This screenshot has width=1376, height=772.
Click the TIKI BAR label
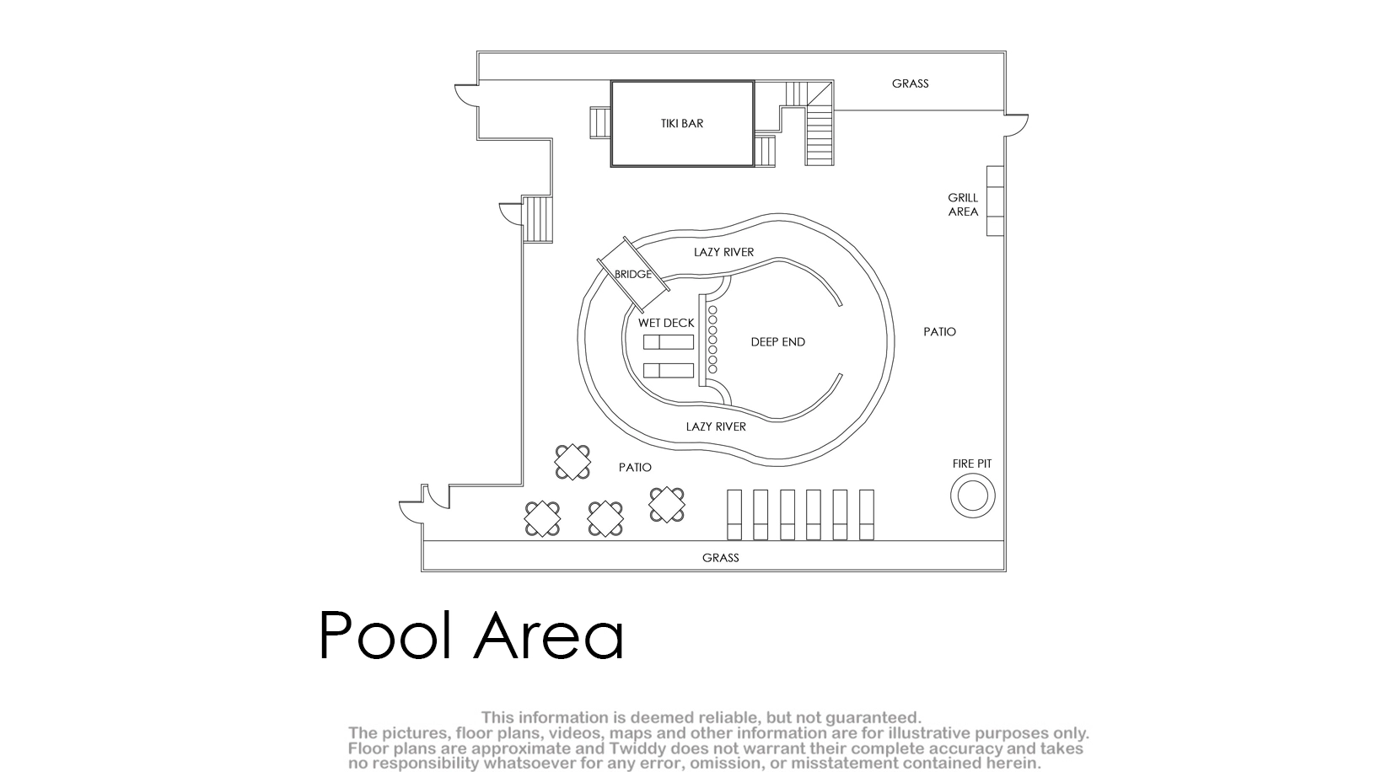coord(682,123)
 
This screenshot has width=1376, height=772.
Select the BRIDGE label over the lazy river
coord(632,275)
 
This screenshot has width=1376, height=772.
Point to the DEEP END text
coord(777,342)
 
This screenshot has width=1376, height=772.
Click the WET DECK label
coord(666,323)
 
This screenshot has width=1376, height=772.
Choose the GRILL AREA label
coord(963,205)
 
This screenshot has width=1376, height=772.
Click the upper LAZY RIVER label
coord(723,252)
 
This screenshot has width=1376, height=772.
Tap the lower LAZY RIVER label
coord(716,426)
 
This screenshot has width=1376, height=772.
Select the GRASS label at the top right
coord(910,83)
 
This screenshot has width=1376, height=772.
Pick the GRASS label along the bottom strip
coord(720,558)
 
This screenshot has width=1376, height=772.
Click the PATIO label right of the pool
coord(939,332)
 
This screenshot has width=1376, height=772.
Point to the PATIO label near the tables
coord(635,468)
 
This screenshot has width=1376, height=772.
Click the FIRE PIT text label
coord(972,464)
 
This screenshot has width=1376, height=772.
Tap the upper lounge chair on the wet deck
coord(669,342)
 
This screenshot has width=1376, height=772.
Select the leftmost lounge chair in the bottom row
coord(734,515)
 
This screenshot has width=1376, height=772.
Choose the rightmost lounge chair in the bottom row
coord(866,515)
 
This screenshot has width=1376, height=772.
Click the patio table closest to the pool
coord(572,462)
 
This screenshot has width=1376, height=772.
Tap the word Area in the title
coord(549,635)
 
